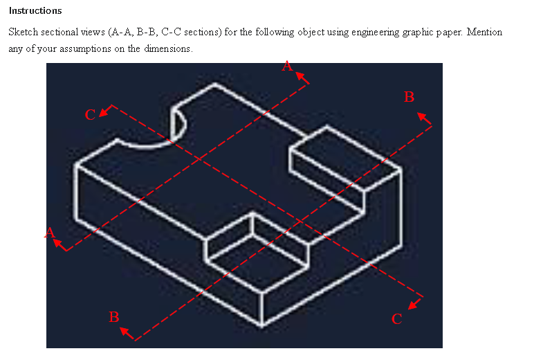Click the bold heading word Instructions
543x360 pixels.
35,10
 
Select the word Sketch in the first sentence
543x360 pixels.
22,33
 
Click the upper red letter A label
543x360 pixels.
288,65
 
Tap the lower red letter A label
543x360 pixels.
50,233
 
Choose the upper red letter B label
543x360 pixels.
409,97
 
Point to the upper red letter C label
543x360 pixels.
90,115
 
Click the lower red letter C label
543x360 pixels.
396,318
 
